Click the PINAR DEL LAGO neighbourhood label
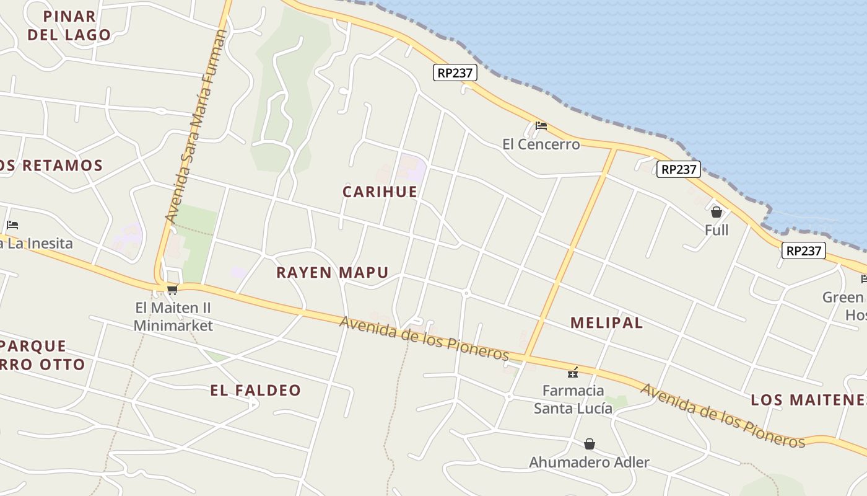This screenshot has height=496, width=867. tap(69, 25)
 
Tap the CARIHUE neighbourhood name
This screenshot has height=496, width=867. tap(380, 192)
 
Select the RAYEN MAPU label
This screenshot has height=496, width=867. tap(333, 272)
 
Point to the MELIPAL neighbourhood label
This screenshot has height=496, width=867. tap(606, 322)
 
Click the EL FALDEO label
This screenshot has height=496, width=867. tap(255, 390)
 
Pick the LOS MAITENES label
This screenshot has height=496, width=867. tap(808, 400)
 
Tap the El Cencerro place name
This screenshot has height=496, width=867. tap(541, 144)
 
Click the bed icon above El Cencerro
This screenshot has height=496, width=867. tap(541, 126)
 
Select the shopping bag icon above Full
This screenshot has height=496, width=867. tap(717, 212)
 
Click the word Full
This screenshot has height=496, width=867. tap(717, 230)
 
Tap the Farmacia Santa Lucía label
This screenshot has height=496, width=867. tap(573, 399)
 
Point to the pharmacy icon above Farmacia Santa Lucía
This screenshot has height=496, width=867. tap(573, 373)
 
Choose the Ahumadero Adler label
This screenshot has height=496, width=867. tap(589, 462)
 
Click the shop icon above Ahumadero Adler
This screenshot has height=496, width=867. tap(590, 444)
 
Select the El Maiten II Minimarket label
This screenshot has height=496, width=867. tap(173, 316)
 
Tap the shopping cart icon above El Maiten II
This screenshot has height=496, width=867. tap(173, 290)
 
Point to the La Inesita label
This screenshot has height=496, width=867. tap(37, 243)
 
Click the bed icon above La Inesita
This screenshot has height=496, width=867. tap(12, 225)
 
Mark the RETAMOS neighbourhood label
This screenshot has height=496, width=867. tap(52, 166)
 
